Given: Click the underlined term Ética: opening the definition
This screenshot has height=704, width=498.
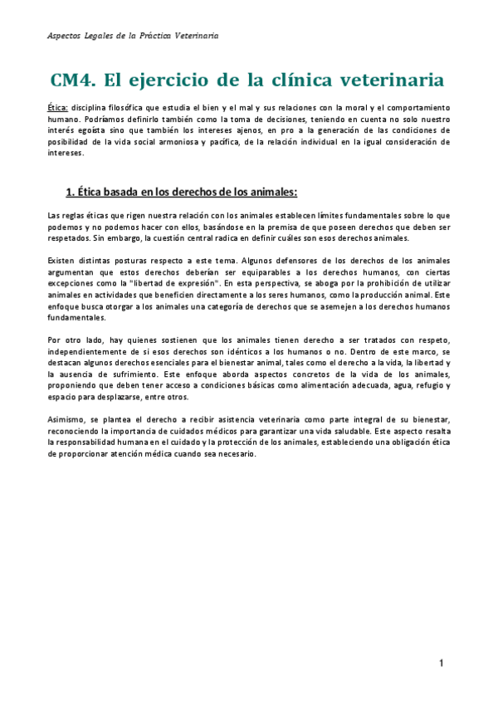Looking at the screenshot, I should [57, 108].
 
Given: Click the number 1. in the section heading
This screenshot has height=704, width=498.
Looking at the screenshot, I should [71, 192].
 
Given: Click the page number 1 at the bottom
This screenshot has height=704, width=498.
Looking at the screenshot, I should [442, 663].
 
